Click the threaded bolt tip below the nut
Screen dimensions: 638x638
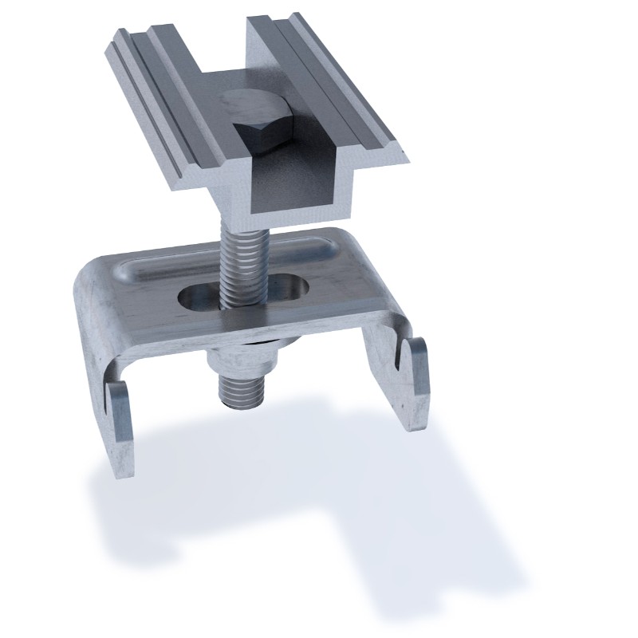(238, 391)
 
